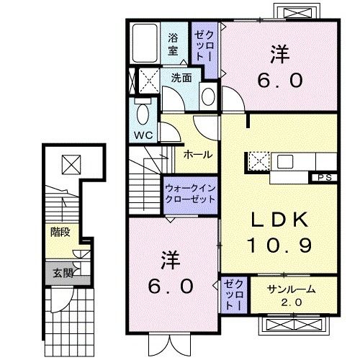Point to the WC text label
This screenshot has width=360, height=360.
tap(142, 134)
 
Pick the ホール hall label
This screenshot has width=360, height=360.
tap(197, 155)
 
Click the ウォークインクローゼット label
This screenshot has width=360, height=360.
tap(190, 192)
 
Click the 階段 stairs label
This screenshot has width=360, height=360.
tap(60, 233)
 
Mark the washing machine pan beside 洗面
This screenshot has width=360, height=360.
tap(149, 78)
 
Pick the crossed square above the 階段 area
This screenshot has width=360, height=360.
tap(70, 165)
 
